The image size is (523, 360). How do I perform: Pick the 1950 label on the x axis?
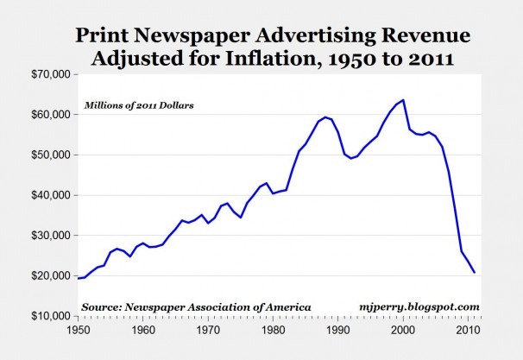[x=78, y=330]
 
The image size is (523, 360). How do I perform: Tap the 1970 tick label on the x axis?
[x=208, y=330]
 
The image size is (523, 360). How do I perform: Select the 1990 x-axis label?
[x=338, y=330]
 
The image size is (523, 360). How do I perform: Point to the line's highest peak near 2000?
[x=403, y=100]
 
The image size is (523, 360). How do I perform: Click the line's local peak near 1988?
[x=325, y=117]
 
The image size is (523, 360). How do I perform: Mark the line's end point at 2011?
[x=475, y=273]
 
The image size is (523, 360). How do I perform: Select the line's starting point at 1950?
[x=78, y=278]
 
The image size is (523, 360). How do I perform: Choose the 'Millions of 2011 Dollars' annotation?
[x=137, y=105]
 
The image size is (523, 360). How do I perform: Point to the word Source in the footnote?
[x=102, y=306]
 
